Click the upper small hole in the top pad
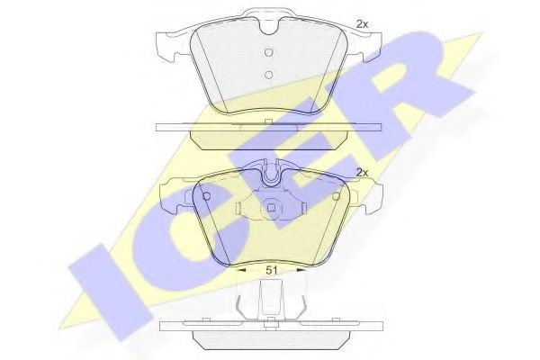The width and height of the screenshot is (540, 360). (x=268, y=51)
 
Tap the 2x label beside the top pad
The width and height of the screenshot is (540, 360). (x=363, y=23)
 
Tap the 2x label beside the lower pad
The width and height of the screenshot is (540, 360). (x=364, y=171)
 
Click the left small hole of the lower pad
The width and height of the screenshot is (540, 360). (x=207, y=197)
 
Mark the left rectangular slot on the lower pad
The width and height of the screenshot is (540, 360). (x=237, y=208)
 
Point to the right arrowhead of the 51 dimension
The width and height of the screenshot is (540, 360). (x=304, y=267)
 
